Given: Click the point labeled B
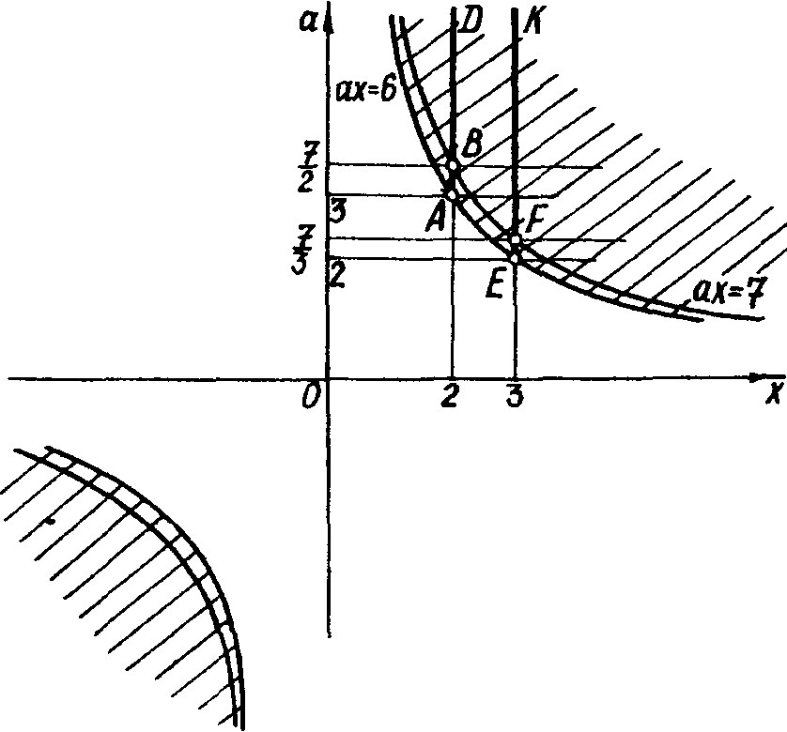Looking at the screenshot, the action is (x=454, y=165).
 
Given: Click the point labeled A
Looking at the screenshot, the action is (x=453, y=195).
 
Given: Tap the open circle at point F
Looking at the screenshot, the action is (x=515, y=239).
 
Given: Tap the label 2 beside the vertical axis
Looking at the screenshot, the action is (x=336, y=276).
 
